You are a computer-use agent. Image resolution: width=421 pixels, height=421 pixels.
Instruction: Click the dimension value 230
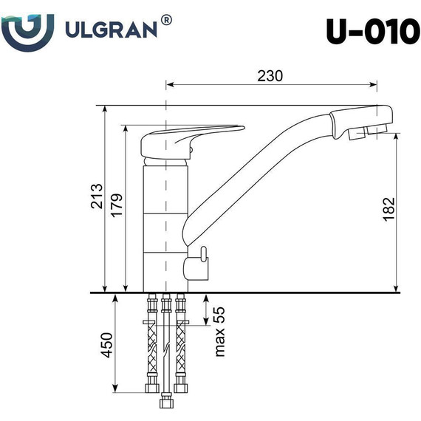271,75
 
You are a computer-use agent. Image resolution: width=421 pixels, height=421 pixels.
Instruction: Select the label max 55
219,332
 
